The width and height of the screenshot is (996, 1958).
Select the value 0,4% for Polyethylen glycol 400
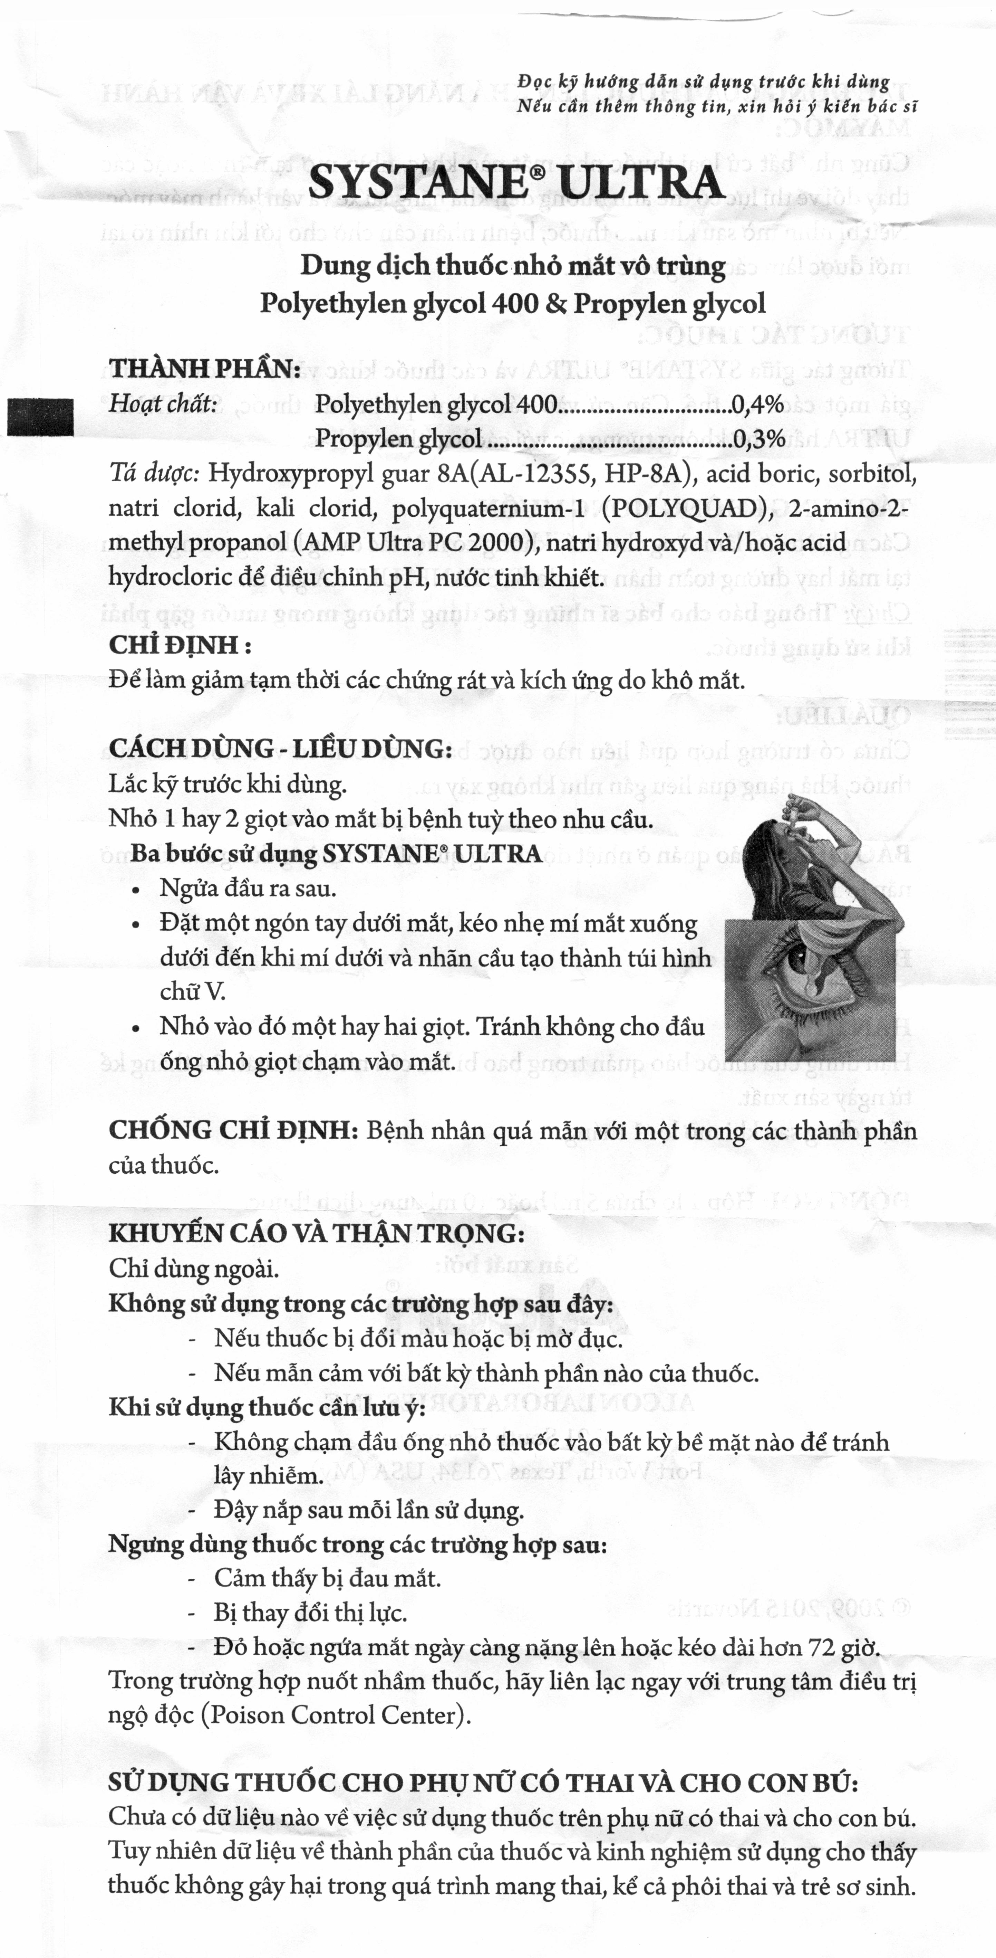[757, 405]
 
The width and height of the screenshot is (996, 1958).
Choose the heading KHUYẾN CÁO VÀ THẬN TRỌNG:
[316, 1233]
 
